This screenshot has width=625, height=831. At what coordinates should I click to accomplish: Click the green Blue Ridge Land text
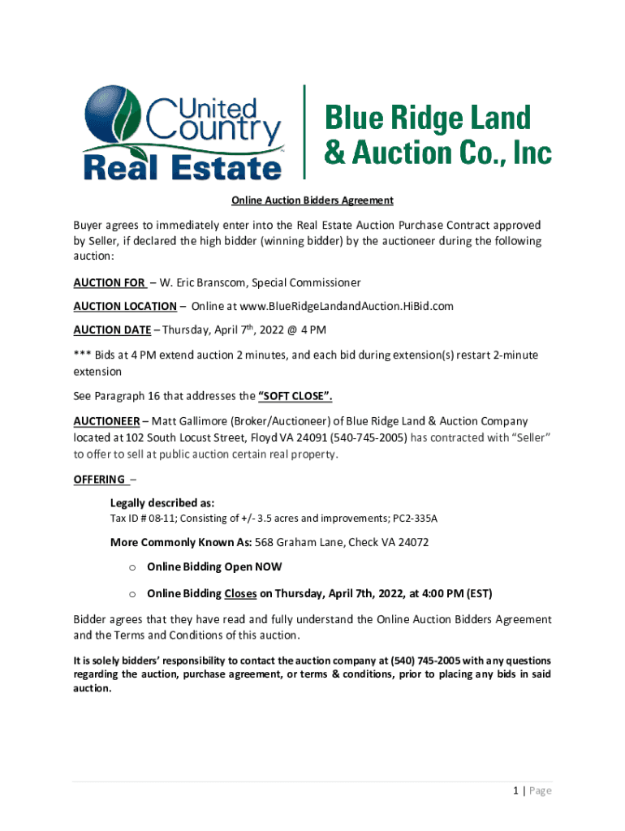pos(428,118)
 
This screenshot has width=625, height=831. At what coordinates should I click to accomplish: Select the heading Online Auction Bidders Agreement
pos(312,200)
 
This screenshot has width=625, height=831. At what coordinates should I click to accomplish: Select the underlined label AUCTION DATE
pos(112,329)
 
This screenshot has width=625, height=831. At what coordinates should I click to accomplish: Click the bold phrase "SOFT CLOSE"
pos(295,397)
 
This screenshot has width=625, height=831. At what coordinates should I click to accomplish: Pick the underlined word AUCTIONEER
pos(107,421)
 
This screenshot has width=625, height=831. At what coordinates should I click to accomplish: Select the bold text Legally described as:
pos(162,502)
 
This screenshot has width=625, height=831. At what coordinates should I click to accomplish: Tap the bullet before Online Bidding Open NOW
pos(133,567)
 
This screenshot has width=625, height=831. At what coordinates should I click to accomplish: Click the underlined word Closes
pos(241,592)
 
